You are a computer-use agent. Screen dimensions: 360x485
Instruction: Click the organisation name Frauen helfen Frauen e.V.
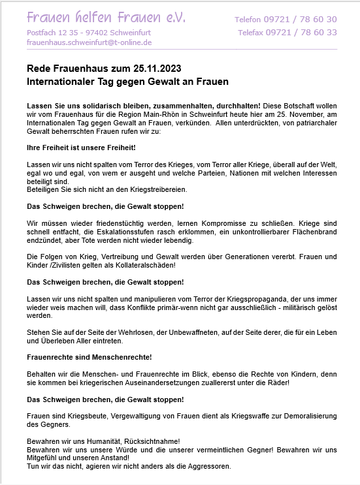click(x=106, y=18)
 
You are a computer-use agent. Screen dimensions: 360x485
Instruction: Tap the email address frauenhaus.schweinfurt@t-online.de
click(x=90, y=42)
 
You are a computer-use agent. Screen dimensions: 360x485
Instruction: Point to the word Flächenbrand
click(x=314, y=232)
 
